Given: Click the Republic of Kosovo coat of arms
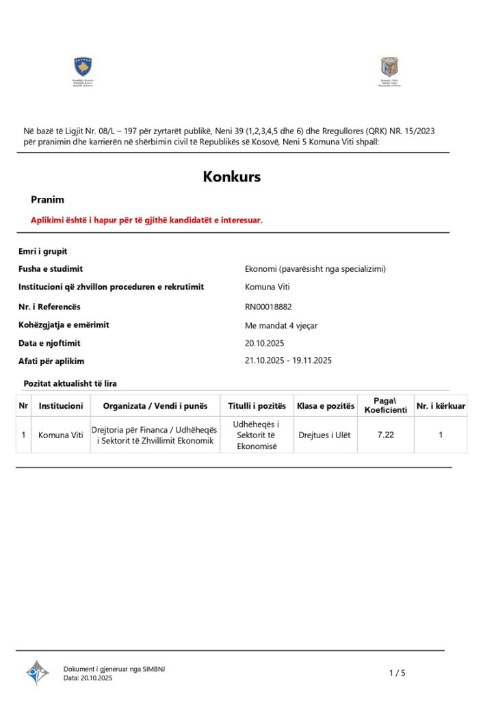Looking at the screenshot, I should [x=83, y=67].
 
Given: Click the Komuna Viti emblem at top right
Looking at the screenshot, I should [x=390, y=67].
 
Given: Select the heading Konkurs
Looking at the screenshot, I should [x=231, y=177].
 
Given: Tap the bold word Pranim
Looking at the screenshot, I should [x=47, y=200].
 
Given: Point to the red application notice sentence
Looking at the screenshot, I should [x=146, y=220].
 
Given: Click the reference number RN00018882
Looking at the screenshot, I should [x=272, y=307].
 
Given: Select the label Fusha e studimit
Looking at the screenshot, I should [x=51, y=269].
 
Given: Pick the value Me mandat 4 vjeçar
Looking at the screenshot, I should [x=281, y=326].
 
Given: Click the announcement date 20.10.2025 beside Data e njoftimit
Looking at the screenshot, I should [x=264, y=343].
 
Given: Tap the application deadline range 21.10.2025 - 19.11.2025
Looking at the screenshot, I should [x=288, y=360].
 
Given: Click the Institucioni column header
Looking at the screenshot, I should [x=61, y=406].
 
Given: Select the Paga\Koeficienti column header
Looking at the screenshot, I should [x=385, y=405].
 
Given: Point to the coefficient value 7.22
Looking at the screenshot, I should [x=386, y=435].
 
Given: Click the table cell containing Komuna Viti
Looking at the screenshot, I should [x=61, y=435].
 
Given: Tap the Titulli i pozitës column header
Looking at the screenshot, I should [x=257, y=406].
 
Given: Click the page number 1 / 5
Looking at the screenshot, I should [x=397, y=673].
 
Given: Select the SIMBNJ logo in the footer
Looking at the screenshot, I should [x=37, y=672].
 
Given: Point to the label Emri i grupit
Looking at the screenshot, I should [x=42, y=251].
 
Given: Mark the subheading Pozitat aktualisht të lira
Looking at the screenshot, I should [x=70, y=383].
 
